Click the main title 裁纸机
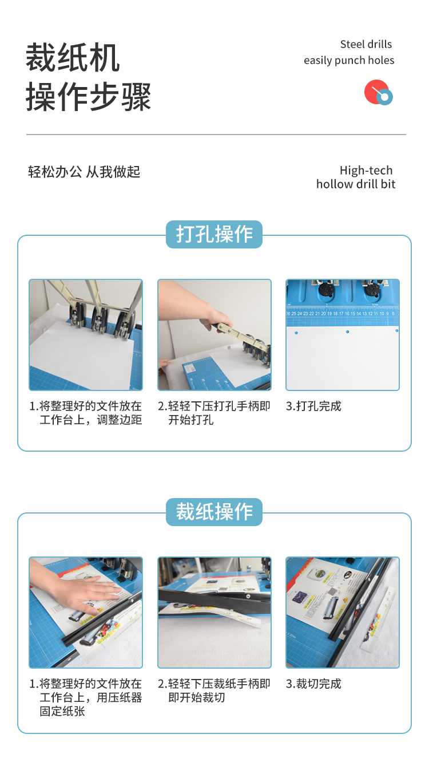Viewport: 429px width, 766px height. click(x=73, y=57)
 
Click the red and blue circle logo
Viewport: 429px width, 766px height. click(x=379, y=92)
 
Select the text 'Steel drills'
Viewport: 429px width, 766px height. click(x=366, y=44)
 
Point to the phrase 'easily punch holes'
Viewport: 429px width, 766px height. click(x=349, y=61)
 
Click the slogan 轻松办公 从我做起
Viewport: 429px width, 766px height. click(x=84, y=172)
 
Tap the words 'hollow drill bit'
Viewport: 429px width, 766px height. click(x=356, y=184)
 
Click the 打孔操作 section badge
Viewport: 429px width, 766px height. click(x=214, y=234)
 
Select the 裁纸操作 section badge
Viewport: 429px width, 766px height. click(x=214, y=512)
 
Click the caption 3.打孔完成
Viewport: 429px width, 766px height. click(x=313, y=406)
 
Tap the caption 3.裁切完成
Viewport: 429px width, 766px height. click(x=313, y=684)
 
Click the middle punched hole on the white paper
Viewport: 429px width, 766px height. click(x=347, y=331)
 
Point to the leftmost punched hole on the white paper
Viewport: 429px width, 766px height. click(x=296, y=333)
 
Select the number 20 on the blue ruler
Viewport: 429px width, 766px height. click(x=323, y=313)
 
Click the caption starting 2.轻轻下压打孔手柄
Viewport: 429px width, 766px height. click(x=214, y=413)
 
